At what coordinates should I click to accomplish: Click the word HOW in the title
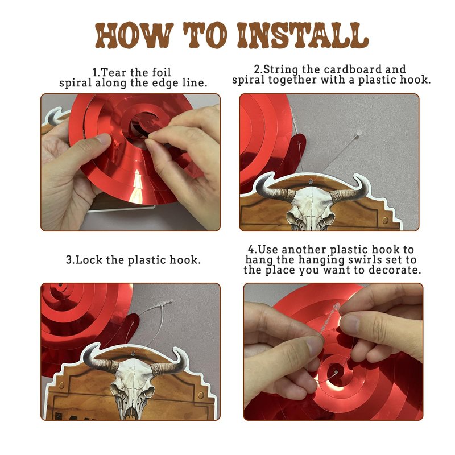point(134,35)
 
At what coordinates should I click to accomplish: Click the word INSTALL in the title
point(303,35)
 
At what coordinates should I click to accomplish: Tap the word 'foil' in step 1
point(160,72)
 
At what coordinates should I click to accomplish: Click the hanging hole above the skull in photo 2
point(311,182)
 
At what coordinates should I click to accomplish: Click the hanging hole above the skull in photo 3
point(133,354)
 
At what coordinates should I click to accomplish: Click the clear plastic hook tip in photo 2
point(359,133)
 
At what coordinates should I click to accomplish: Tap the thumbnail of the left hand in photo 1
point(103,139)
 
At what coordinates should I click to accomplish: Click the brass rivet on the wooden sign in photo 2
point(385,220)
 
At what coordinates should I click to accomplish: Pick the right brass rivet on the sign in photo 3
point(201,395)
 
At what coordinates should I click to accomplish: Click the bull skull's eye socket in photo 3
point(116,387)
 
